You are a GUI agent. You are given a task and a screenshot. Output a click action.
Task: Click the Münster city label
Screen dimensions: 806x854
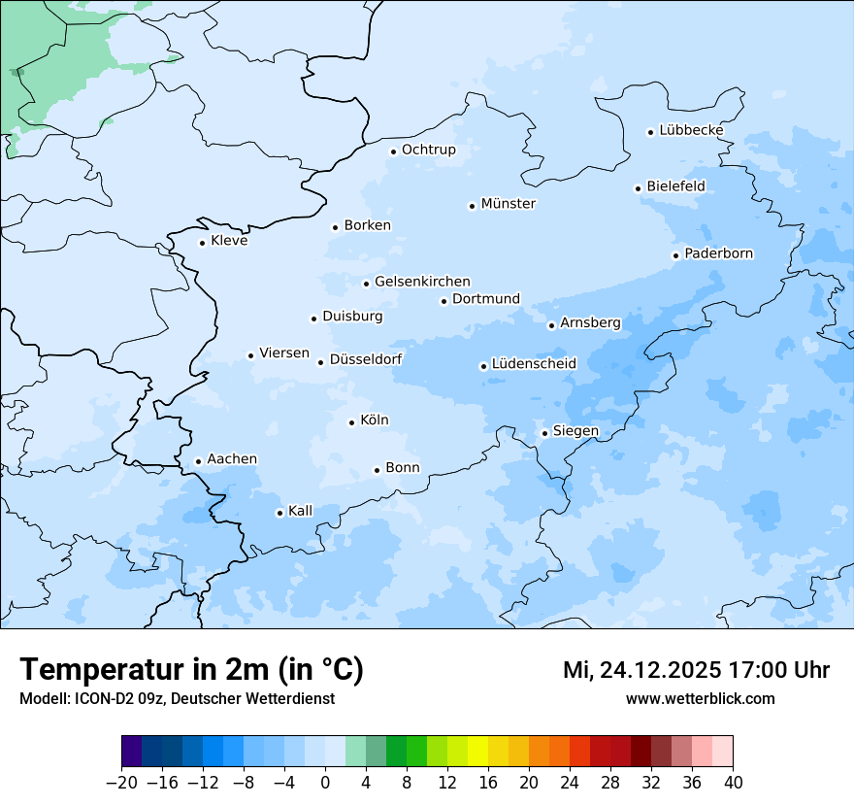tap(508, 204)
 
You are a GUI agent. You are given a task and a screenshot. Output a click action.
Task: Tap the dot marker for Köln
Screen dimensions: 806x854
tap(351, 422)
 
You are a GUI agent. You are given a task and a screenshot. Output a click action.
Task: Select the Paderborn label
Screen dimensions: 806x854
tap(718, 253)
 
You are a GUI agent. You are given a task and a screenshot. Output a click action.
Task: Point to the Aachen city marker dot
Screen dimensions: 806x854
tap(198, 462)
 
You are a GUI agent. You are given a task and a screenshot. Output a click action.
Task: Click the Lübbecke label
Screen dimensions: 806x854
tap(691, 130)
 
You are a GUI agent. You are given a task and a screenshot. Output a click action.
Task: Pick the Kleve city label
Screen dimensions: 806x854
tap(229, 241)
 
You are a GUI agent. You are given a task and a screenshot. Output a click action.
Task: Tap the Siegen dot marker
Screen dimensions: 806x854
tap(545, 433)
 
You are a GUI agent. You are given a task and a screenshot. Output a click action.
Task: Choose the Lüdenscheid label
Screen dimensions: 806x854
tap(534, 364)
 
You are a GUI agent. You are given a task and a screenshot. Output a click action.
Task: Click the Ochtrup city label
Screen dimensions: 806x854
tap(428, 150)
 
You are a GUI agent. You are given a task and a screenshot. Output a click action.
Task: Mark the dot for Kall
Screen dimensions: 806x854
tap(279, 513)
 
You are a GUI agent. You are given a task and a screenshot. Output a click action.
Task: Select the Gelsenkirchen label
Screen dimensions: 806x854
tap(422, 282)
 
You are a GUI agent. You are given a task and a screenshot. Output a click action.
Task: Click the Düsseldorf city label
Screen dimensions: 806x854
tap(366, 359)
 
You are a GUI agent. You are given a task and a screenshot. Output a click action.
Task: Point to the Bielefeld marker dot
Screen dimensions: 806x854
tap(639, 188)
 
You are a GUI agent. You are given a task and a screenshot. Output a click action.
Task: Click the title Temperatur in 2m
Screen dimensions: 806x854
tap(192, 670)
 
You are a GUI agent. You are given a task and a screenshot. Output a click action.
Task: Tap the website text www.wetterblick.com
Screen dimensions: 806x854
tap(700, 698)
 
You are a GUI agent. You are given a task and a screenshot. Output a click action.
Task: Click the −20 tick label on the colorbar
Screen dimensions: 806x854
tap(121, 783)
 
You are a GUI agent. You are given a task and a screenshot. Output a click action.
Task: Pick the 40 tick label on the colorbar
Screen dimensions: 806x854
tap(733, 783)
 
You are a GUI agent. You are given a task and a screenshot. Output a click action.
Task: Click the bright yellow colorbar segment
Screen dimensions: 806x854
tap(477, 752)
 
